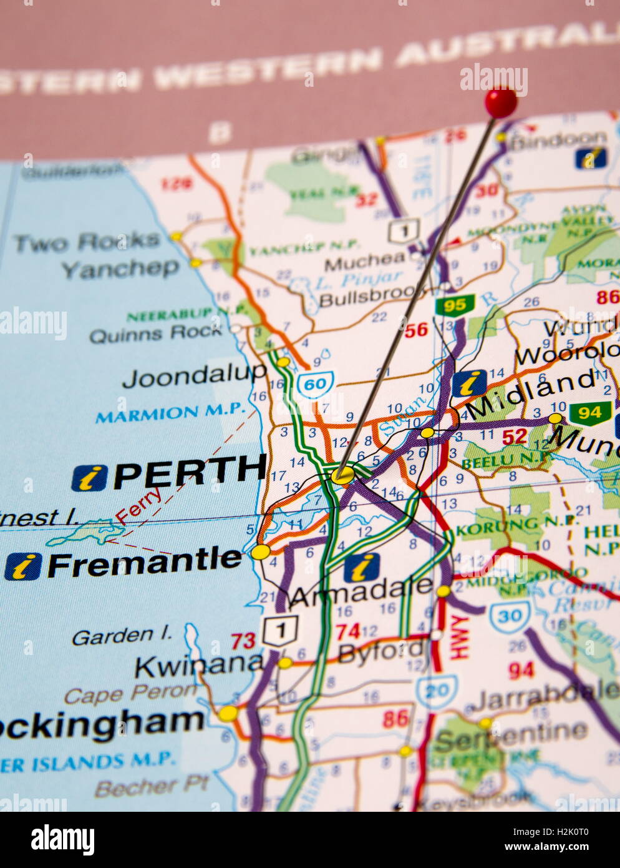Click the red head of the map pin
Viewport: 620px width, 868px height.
[x=501, y=102]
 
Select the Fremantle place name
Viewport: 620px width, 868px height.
[x=145, y=563]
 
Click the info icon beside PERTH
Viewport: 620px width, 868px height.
[x=89, y=478]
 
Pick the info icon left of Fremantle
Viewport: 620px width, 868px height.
[x=23, y=566]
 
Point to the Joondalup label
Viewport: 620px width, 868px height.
[x=194, y=377]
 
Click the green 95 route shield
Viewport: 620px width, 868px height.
[x=455, y=305]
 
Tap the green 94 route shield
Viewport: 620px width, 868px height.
[x=589, y=413]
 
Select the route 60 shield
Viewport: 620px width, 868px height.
[x=315, y=383]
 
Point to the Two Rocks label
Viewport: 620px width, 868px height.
[x=87, y=242]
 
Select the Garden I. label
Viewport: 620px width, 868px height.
[x=122, y=636]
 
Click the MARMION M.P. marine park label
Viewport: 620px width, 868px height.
[x=170, y=412]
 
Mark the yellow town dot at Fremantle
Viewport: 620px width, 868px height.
[x=261, y=552]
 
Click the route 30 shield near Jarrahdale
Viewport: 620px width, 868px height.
[x=510, y=617]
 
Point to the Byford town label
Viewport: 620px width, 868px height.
[x=382, y=652]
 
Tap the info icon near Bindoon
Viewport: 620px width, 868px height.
[x=590, y=158]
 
